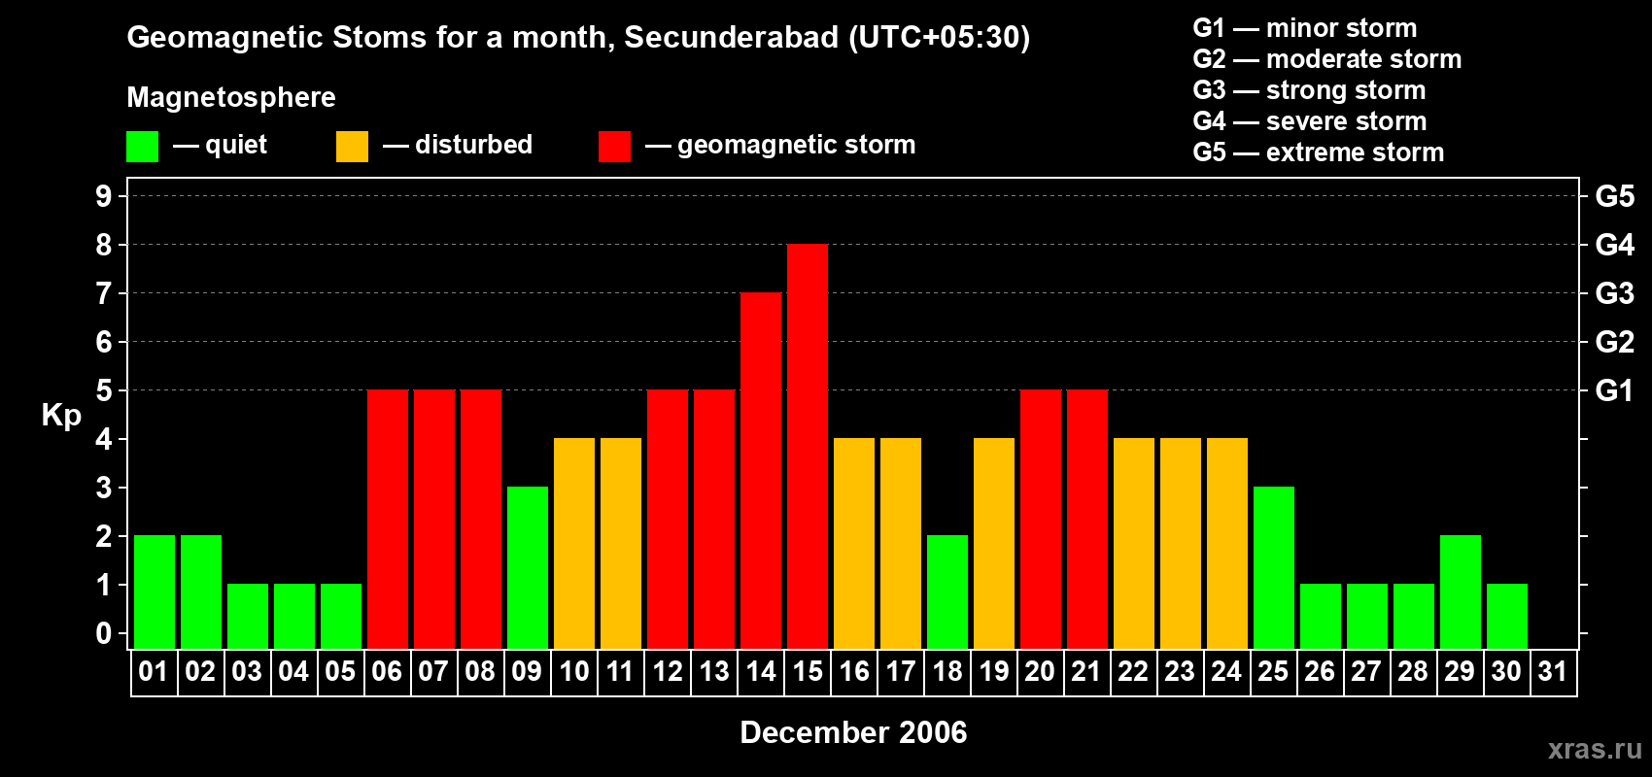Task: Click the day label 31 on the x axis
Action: (x=1553, y=671)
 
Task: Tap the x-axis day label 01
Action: (x=154, y=671)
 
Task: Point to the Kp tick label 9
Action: (x=104, y=196)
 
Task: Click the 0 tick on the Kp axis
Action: (x=104, y=633)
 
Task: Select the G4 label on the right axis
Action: (x=1614, y=245)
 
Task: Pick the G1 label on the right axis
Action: (x=1614, y=390)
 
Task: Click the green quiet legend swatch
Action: (x=143, y=147)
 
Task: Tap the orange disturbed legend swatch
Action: (x=353, y=147)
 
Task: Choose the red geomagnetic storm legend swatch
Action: (x=615, y=147)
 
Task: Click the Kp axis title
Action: (x=61, y=415)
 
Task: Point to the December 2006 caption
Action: (x=853, y=732)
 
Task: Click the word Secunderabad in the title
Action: (x=731, y=37)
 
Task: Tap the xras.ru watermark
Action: (x=1595, y=749)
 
